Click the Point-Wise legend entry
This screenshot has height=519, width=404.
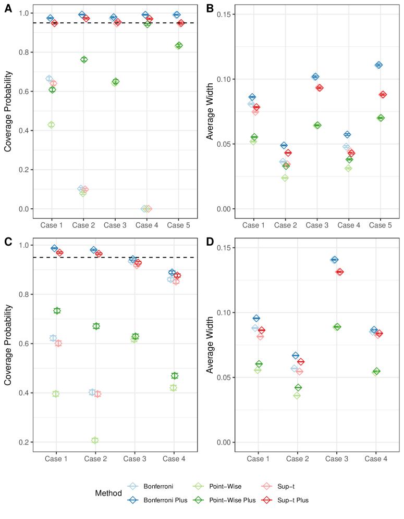coord(229,486)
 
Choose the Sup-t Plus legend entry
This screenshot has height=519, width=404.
coord(286,500)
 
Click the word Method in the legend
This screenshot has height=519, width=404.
coord(108,493)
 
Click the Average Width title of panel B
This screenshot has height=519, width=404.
coord(211,111)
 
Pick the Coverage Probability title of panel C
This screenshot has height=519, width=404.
coord(8,344)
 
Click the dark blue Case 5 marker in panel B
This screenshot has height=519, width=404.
coord(378,65)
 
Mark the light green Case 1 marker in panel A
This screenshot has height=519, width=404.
coord(51,125)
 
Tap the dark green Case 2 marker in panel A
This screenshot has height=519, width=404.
coord(84,60)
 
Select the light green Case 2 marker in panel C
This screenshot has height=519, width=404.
coord(95,440)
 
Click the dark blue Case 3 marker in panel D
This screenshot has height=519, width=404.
coord(334,260)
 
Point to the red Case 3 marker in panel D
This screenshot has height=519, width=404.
coord(340,272)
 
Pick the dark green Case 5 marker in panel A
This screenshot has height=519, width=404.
coord(179,46)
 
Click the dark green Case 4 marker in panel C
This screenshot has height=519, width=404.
coord(175,376)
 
